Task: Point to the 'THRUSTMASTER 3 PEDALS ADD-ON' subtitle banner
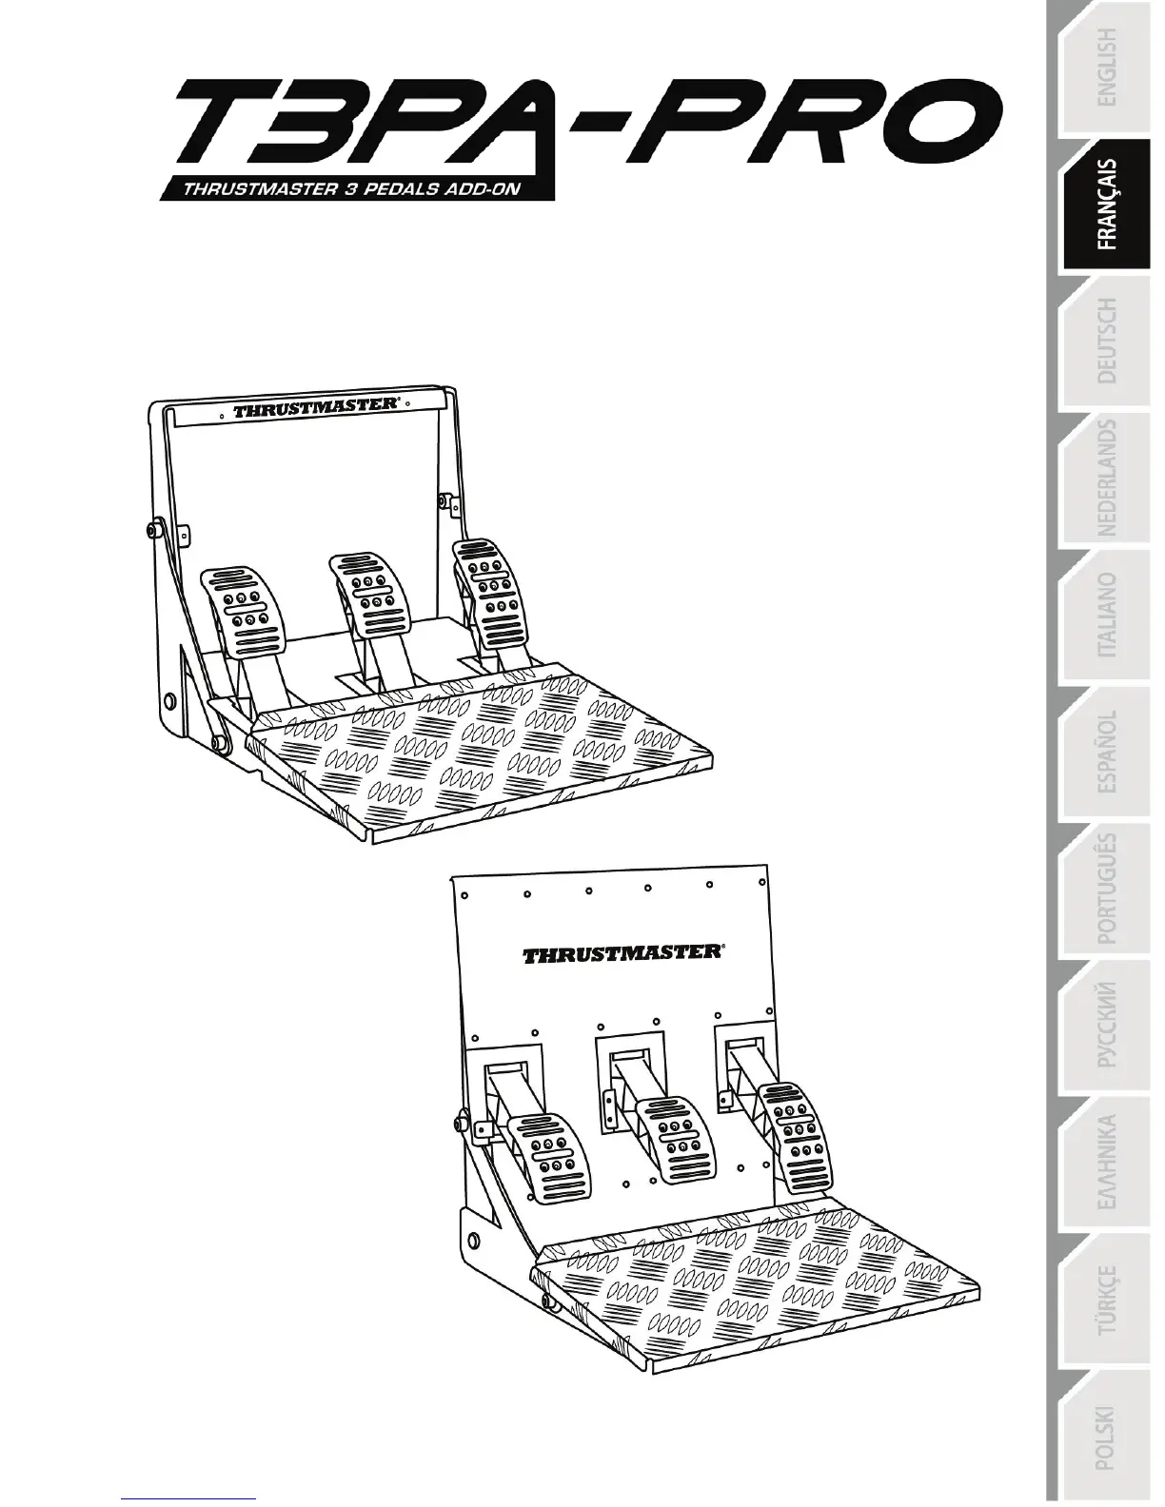click(x=353, y=188)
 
